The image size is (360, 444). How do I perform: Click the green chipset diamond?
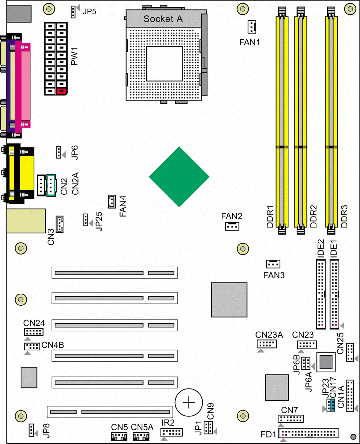[179, 177]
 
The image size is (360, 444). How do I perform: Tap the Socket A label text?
[163, 19]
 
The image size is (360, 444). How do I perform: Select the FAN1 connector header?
[252, 27]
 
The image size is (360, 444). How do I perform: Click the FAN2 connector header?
[232, 226]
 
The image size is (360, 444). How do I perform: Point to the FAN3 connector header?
[273, 264]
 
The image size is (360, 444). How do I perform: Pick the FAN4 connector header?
[112, 202]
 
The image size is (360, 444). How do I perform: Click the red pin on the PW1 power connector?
[61, 91]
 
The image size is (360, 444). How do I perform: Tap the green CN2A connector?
[51, 185]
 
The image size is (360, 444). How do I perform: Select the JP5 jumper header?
[73, 12]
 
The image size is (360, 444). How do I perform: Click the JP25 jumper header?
[86, 220]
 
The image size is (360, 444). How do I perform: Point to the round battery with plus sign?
[189, 402]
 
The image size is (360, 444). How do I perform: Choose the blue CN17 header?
[333, 405]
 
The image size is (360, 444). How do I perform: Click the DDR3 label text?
[344, 216]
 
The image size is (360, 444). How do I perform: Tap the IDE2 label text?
[321, 249]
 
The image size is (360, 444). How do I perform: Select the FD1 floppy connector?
[309, 433]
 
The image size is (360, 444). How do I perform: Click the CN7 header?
[290, 418]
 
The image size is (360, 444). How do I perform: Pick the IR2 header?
[171, 432]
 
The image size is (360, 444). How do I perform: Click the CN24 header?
[34, 332]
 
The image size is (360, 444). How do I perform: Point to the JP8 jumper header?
[32, 430]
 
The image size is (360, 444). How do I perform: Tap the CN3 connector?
[59, 224]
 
